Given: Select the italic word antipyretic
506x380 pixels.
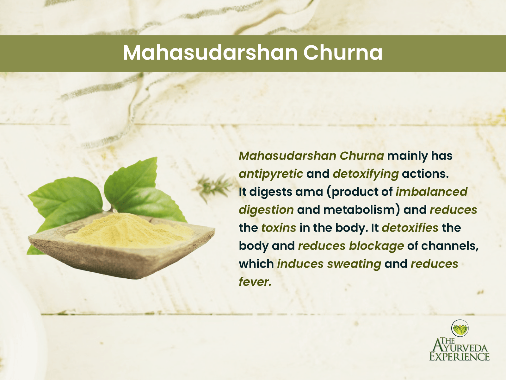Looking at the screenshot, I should coord(271,174).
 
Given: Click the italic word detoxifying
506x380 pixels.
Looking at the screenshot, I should coord(366,174).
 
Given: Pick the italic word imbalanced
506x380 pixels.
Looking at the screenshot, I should coord(431,192).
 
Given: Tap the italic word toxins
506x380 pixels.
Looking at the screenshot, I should coord(279,228).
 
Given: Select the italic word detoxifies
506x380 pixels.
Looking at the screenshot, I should coord(410,228).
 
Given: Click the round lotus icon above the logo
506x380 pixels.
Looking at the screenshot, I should coord(460,328).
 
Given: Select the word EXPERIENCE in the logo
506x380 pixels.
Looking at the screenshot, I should coord(459,357).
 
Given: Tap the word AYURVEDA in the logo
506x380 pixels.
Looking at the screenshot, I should coord(462,348).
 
